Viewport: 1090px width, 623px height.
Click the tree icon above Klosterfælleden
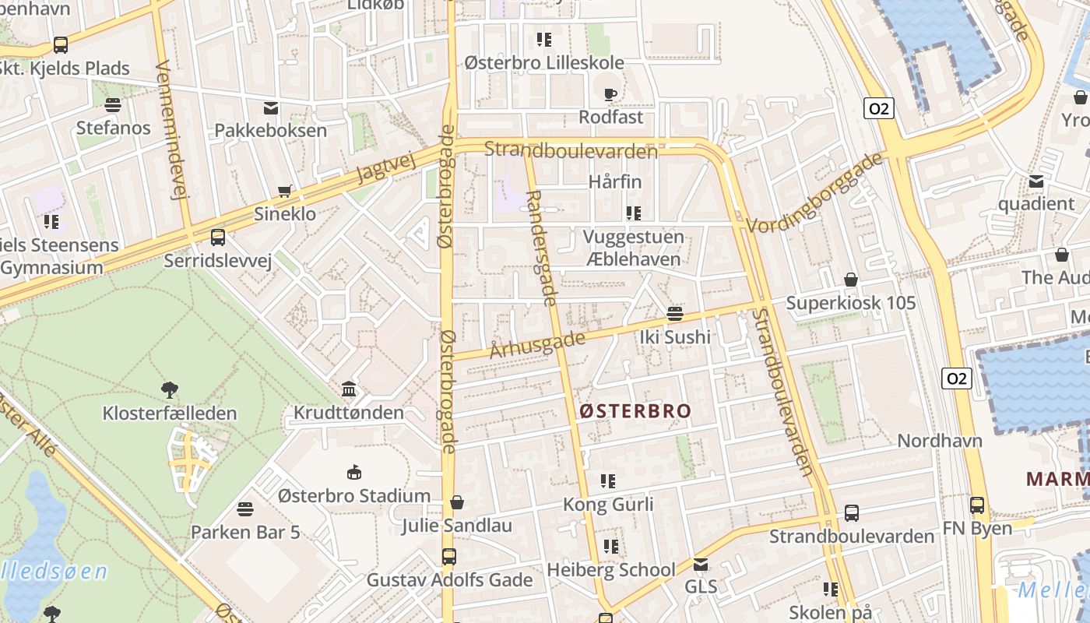[169, 389]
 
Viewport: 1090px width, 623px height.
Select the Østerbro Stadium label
[354, 495]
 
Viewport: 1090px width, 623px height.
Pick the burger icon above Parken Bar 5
[245, 509]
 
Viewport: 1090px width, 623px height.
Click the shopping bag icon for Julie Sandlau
[457, 502]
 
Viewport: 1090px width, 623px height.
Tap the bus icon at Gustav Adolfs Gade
[449, 557]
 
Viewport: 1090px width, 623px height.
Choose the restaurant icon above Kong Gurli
[608, 481]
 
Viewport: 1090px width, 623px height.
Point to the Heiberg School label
[611, 570]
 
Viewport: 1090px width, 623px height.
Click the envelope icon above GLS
[701, 564]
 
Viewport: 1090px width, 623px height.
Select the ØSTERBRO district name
[635, 411]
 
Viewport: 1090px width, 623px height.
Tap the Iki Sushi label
[675, 337]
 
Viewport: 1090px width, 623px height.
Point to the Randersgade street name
[541, 248]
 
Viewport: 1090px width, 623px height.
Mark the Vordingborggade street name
[815, 192]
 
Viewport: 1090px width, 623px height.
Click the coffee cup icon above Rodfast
[610, 94]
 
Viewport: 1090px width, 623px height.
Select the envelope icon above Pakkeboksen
[271, 107]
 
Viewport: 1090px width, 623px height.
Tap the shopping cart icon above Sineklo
[285, 192]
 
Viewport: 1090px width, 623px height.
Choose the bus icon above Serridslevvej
[218, 238]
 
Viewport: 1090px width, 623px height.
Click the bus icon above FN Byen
[977, 505]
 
